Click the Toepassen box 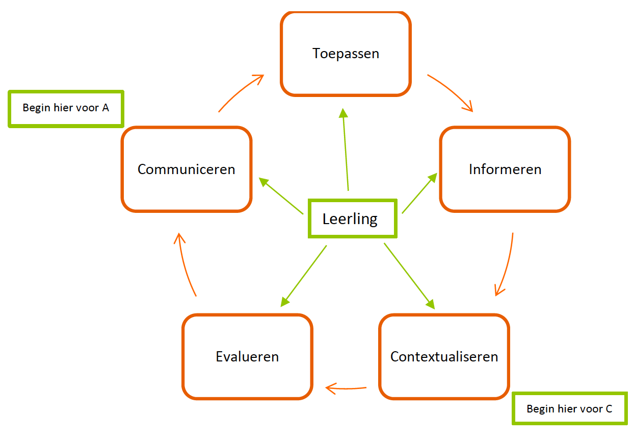pyautogui.click(x=346, y=54)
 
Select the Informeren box pyautogui.click(x=505, y=169)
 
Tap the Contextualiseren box pyautogui.click(x=444, y=356)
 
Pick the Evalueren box pyautogui.click(x=247, y=356)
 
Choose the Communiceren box pyautogui.click(x=187, y=169)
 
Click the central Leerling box pyautogui.click(x=352, y=219)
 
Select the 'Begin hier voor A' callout pyautogui.click(x=66, y=108)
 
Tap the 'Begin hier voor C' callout pyautogui.click(x=569, y=408)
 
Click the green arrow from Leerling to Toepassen pyautogui.click(x=346, y=151)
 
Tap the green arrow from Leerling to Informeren pyautogui.click(x=419, y=193)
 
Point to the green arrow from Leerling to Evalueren pyautogui.click(x=304, y=276)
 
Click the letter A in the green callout pyautogui.click(x=105, y=108)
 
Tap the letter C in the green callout pyautogui.click(x=609, y=408)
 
